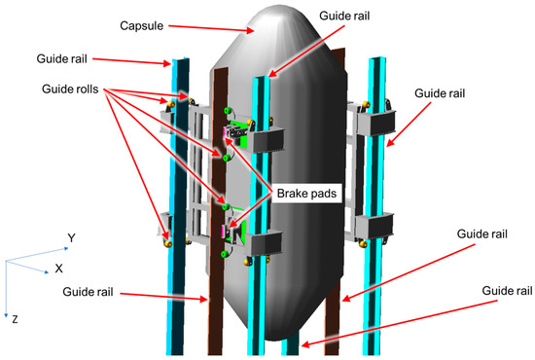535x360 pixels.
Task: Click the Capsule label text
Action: tap(142, 26)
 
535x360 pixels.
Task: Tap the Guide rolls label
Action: tap(70, 90)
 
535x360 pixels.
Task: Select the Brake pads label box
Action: tap(306, 194)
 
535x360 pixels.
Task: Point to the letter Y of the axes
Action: tap(71, 237)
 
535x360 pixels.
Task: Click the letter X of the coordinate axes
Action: tap(58, 269)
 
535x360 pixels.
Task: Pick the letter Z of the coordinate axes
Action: tap(15, 319)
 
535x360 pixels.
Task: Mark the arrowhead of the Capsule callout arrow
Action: tap(251, 31)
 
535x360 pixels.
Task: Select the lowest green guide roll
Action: tap(224, 254)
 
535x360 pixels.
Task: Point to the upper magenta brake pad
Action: tap(224, 132)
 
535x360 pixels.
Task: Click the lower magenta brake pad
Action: tap(224, 232)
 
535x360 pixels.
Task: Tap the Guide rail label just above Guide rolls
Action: tap(61, 58)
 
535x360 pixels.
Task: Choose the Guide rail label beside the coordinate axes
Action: tap(88, 292)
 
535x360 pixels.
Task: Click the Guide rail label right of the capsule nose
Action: tap(344, 16)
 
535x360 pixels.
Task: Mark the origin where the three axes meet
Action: tap(6, 262)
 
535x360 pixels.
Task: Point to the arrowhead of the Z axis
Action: tap(6, 315)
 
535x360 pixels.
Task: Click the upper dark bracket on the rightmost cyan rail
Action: tap(376, 122)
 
